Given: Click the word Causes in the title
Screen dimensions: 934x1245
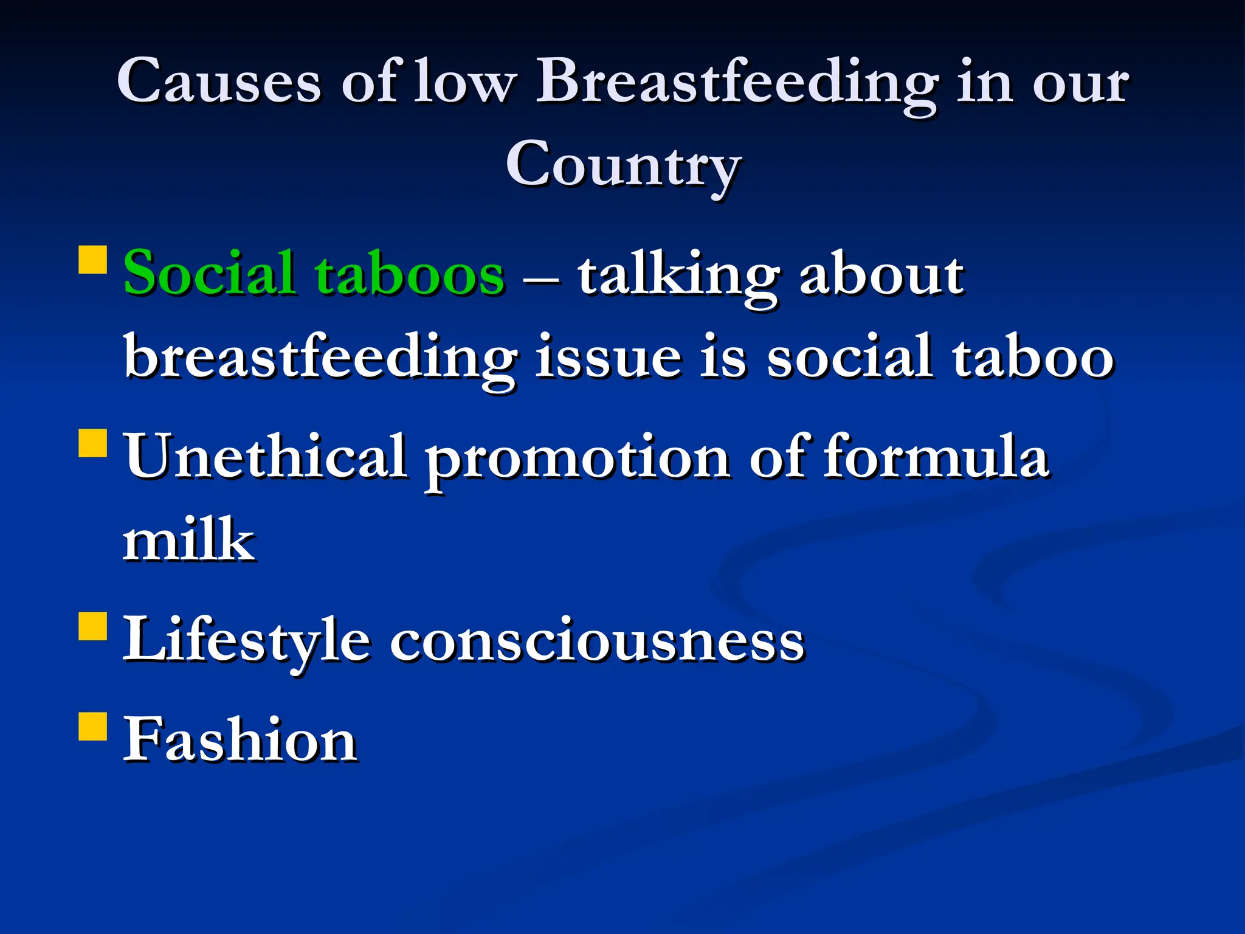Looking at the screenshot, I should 219,82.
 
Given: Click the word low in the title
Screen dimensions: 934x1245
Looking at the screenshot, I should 464,82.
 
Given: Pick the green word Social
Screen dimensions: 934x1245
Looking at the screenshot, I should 210,274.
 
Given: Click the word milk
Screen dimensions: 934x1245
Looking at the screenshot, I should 189,539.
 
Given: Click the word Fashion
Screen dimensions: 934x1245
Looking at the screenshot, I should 240,739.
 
